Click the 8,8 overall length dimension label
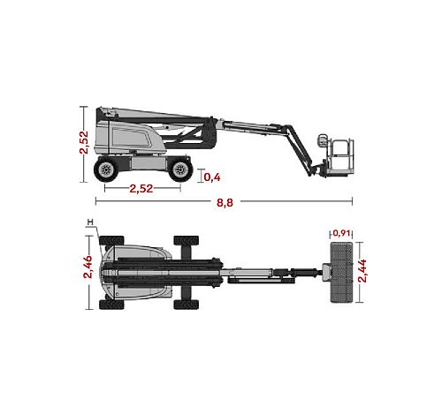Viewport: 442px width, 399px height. (225, 203)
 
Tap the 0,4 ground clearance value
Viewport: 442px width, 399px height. (212, 177)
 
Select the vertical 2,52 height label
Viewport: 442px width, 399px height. (84, 142)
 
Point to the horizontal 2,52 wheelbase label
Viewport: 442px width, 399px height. (141, 189)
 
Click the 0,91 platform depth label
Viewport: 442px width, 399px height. (341, 233)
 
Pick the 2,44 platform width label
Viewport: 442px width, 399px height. (362, 271)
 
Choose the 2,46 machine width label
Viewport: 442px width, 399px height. (88, 267)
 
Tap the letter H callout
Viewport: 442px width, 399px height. (90, 222)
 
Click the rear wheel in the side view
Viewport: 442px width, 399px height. (106, 169)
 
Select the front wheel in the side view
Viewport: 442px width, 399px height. (180, 169)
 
